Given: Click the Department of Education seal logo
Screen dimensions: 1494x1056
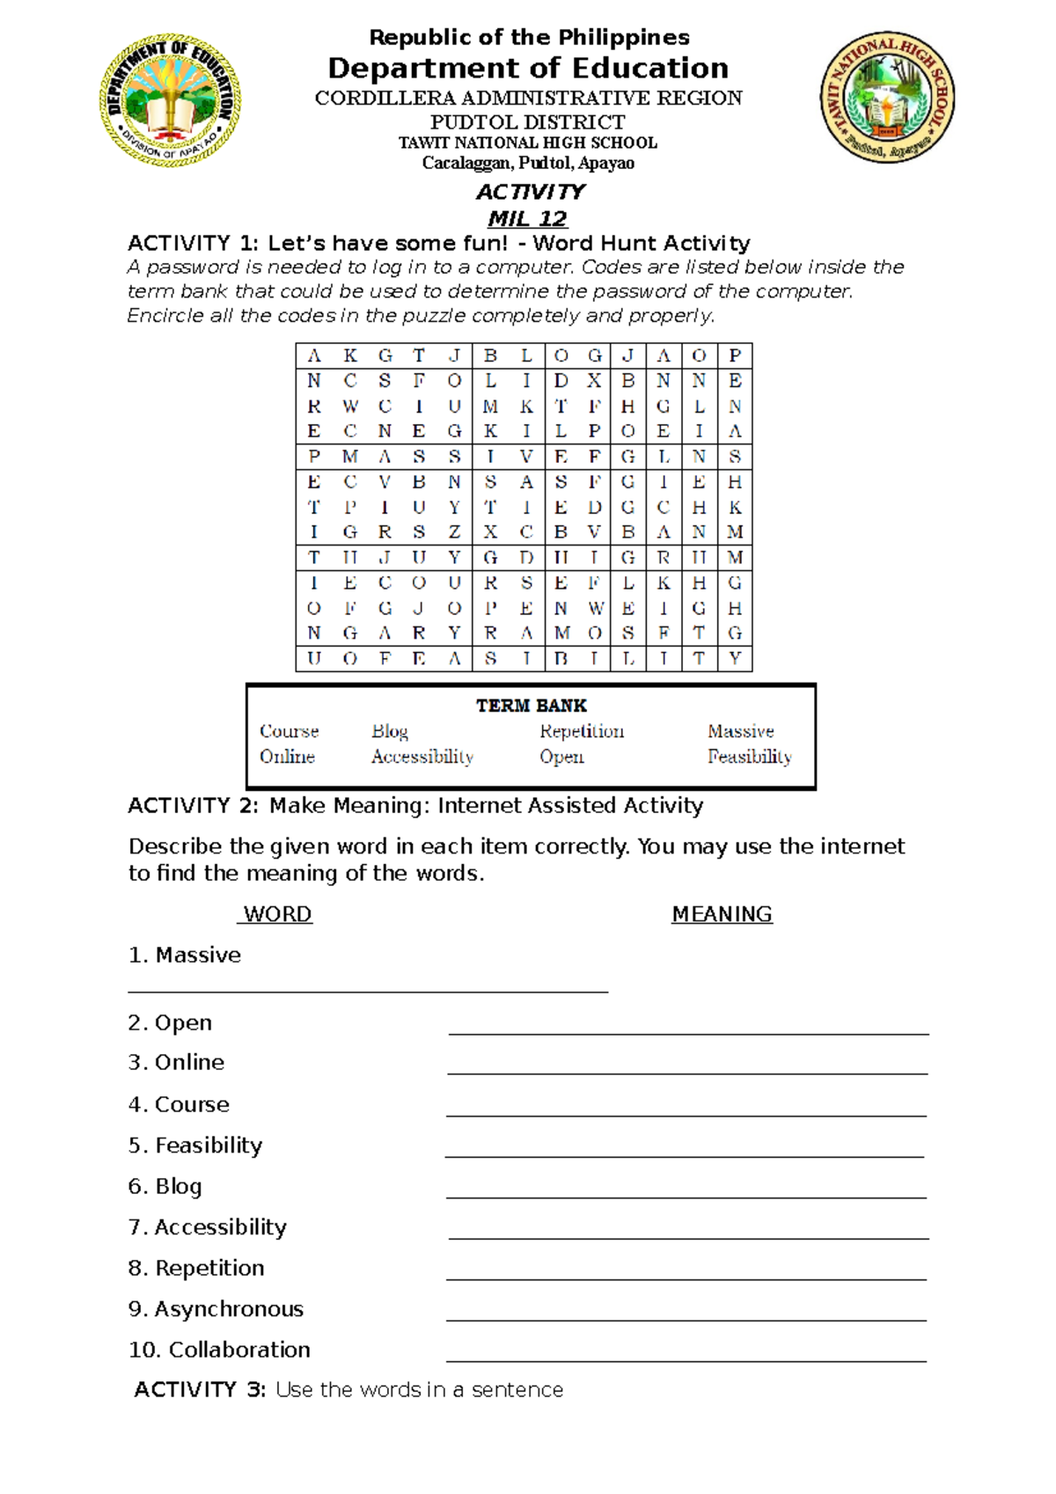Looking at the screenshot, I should [x=171, y=99].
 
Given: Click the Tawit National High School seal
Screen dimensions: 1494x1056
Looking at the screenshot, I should [x=887, y=99].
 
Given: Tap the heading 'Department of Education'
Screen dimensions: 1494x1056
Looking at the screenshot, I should [x=528, y=68].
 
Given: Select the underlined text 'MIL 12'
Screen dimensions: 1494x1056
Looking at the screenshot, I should [x=528, y=218].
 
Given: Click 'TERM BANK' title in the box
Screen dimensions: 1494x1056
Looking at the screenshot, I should [x=531, y=706].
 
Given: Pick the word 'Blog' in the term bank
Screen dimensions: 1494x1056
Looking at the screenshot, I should [x=389, y=731].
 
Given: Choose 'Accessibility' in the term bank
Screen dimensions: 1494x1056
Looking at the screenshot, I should [x=422, y=757].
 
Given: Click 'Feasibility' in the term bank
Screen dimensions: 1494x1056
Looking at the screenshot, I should [x=749, y=757].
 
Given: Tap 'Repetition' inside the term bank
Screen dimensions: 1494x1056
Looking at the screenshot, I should [x=581, y=731].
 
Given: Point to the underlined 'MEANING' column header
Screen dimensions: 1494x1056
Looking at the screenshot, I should [x=722, y=914].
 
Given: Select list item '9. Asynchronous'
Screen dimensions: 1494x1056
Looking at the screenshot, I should [x=216, y=1308].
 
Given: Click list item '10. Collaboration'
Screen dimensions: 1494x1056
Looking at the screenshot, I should [x=219, y=1350].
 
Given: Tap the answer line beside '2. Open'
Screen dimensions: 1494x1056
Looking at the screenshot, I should [x=688, y=1033].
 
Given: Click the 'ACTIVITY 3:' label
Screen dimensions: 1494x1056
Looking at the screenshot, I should [x=199, y=1389].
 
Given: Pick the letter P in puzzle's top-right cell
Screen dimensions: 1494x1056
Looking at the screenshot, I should [x=735, y=355].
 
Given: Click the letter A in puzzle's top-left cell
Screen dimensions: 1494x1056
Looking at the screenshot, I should [x=314, y=355].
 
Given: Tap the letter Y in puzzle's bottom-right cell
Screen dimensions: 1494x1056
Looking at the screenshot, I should [x=735, y=658].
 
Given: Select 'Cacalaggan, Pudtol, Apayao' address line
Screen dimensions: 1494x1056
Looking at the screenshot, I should [x=528, y=163].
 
